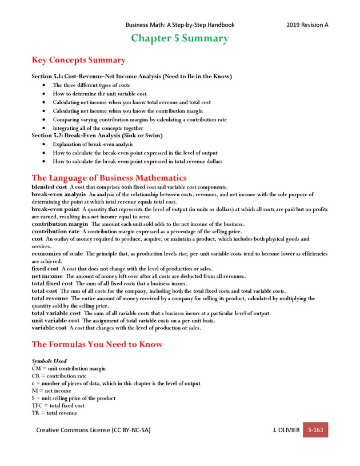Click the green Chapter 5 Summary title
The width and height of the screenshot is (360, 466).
point(180,39)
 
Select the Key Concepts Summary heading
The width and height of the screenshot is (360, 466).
point(78,60)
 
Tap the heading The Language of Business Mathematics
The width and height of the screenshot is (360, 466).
point(109,178)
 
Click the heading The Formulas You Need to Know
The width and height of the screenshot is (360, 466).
point(97,344)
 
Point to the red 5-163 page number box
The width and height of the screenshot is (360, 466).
point(315,429)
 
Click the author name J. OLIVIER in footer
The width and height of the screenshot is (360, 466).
point(286,430)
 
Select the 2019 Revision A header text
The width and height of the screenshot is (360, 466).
point(307,25)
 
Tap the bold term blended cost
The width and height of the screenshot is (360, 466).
point(49,187)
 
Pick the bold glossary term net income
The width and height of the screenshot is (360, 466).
point(47,276)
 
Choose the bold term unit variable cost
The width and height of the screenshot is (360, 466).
point(55,321)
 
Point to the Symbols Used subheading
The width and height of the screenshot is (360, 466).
point(49,361)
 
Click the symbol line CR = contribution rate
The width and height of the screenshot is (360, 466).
point(59,376)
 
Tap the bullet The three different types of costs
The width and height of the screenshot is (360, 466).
point(91,85)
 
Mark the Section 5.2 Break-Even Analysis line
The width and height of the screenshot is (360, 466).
point(97,136)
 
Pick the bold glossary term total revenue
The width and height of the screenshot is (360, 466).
point(50,298)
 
